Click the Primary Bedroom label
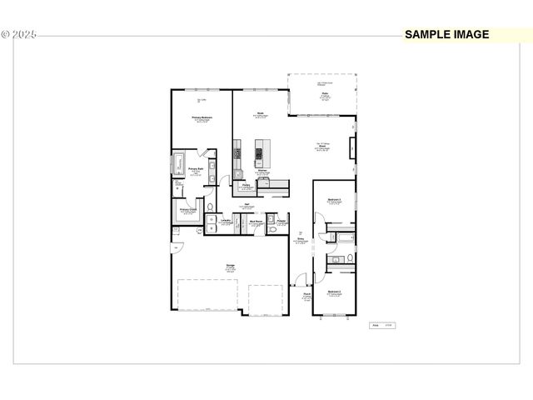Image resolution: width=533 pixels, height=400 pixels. click(x=202, y=117)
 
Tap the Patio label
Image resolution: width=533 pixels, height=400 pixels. click(x=324, y=95)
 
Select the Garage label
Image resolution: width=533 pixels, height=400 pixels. click(x=229, y=266)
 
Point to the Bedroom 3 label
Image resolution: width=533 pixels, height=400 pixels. click(x=335, y=200)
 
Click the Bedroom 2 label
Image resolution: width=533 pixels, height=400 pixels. click(x=334, y=292)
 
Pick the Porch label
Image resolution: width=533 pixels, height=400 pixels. click(x=306, y=293)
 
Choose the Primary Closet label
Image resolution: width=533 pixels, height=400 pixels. click(x=187, y=209)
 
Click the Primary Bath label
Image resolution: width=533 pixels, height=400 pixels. click(x=196, y=169)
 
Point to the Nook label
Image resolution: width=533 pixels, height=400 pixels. click(x=261, y=113)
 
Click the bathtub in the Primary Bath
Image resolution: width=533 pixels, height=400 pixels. click(x=177, y=163)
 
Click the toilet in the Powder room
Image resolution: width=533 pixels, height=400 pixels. click(x=283, y=226)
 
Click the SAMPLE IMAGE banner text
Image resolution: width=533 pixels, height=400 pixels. click(x=446, y=35)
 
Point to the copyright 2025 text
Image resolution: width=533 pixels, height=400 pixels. click(x=19, y=35)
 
